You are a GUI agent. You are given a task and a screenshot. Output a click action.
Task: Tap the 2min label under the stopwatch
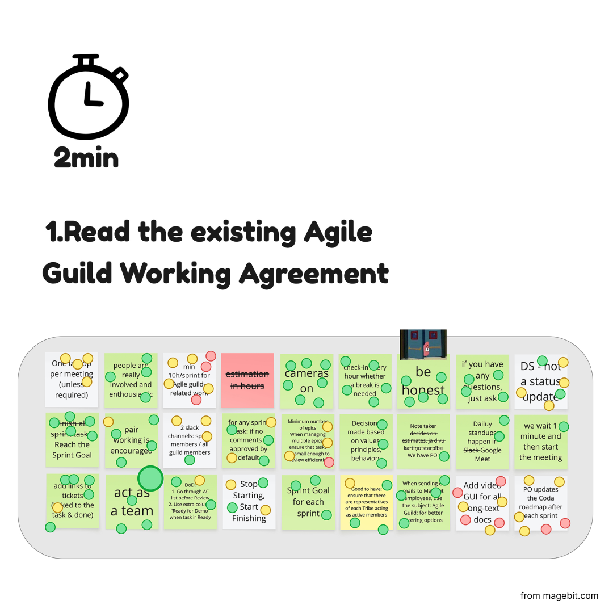click(86, 157)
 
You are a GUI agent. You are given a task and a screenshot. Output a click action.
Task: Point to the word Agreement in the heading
click(314, 274)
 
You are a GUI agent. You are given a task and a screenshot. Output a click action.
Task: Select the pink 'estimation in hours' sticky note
click(247, 380)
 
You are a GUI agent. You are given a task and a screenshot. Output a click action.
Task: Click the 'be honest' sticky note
click(423, 381)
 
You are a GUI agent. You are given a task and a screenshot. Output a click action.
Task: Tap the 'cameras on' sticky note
click(306, 381)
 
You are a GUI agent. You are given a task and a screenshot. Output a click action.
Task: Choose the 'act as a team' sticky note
click(132, 502)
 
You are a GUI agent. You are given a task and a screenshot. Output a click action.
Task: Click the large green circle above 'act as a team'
click(150, 478)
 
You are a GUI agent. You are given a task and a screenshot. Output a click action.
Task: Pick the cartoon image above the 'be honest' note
click(423, 345)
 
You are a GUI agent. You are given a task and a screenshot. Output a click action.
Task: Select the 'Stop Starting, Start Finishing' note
click(249, 502)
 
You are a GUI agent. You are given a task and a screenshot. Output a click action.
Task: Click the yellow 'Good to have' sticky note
click(367, 502)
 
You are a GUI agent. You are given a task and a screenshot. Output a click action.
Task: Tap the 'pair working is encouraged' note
click(132, 441)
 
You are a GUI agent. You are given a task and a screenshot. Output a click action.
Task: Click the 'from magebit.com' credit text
click(559, 595)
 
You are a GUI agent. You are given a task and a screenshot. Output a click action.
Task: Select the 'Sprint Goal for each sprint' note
click(308, 502)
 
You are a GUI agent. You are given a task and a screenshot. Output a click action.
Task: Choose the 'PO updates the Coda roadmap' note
click(540, 503)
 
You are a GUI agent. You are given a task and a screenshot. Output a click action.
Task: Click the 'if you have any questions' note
click(482, 381)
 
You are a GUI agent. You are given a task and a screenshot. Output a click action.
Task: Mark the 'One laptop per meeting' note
click(72, 379)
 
